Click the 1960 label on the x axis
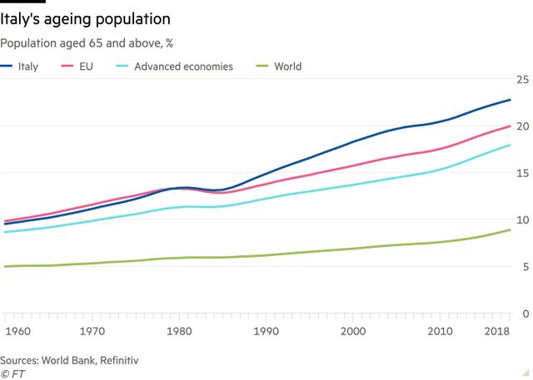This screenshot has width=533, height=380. [x=16, y=331]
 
